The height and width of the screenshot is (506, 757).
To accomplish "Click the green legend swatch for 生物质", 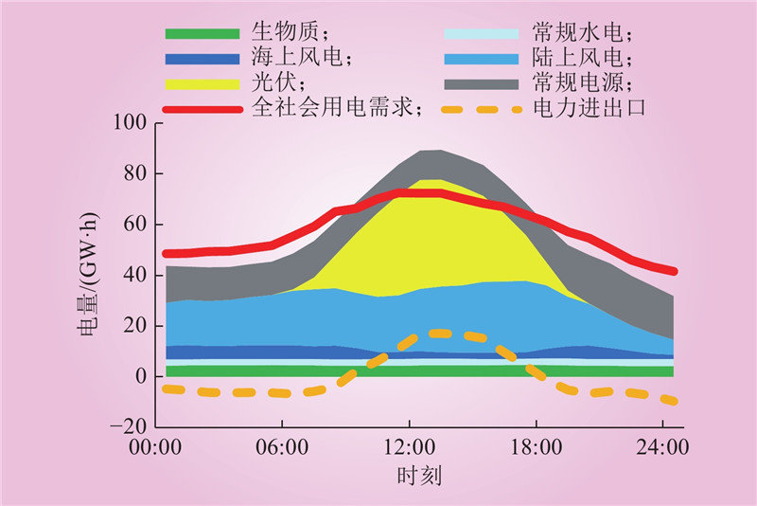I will (202, 34).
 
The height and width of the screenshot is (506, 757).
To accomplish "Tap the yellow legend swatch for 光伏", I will (202, 83).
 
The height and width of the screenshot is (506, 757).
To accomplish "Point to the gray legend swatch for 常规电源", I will (482, 83).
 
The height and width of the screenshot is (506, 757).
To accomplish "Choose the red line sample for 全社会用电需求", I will (202, 108).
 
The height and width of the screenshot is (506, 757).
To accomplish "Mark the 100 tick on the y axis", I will (130, 123).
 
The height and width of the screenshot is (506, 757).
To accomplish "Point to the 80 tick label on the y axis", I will (135, 174).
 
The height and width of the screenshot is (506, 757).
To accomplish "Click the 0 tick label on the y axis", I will (142, 377).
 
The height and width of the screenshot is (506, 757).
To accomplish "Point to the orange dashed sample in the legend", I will (482, 108).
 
